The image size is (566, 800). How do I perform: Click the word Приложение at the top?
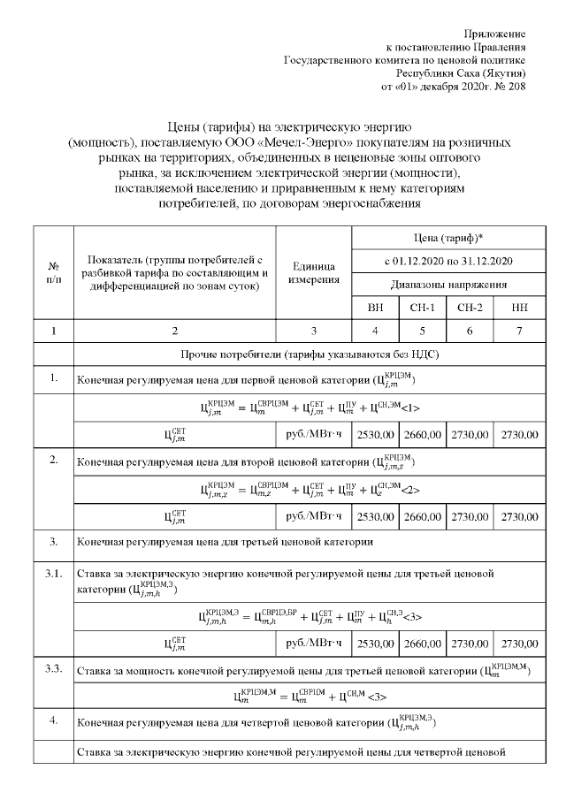point(500,33)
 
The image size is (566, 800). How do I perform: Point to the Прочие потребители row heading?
point(310,354)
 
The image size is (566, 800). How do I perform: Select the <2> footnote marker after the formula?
point(409,490)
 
